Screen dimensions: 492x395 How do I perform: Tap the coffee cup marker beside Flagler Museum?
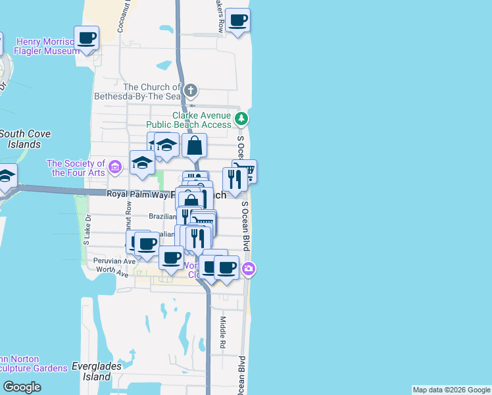(x=86, y=38)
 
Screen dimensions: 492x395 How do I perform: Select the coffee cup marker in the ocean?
(x=237, y=20)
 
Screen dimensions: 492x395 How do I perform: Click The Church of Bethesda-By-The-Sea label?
(x=151, y=92)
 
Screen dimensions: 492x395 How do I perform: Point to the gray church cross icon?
(x=191, y=90)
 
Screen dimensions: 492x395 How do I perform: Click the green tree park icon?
(x=243, y=118)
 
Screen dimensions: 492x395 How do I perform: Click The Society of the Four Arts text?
(x=76, y=168)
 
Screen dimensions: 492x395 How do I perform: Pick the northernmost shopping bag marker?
(x=195, y=145)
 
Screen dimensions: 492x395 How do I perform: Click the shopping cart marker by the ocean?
(x=245, y=172)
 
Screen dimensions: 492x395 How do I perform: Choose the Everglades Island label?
(x=91, y=372)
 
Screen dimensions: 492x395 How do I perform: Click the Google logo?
(x=22, y=387)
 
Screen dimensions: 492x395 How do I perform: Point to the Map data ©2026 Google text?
(x=451, y=390)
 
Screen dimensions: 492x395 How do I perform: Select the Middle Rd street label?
(x=223, y=332)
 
